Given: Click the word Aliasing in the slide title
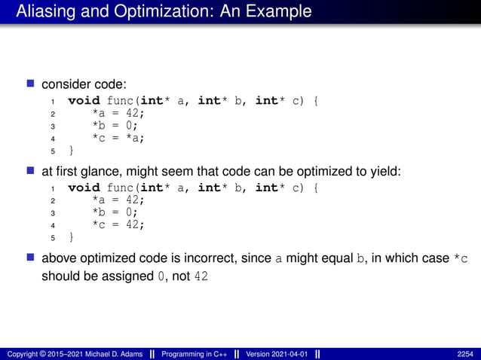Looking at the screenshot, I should (x=42, y=11).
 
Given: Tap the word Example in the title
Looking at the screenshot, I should (x=280, y=11).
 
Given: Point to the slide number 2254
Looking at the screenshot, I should (x=464, y=353).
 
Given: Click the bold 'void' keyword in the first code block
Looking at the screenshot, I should (x=83, y=100).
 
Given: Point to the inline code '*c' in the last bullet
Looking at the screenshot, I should (x=460, y=258).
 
